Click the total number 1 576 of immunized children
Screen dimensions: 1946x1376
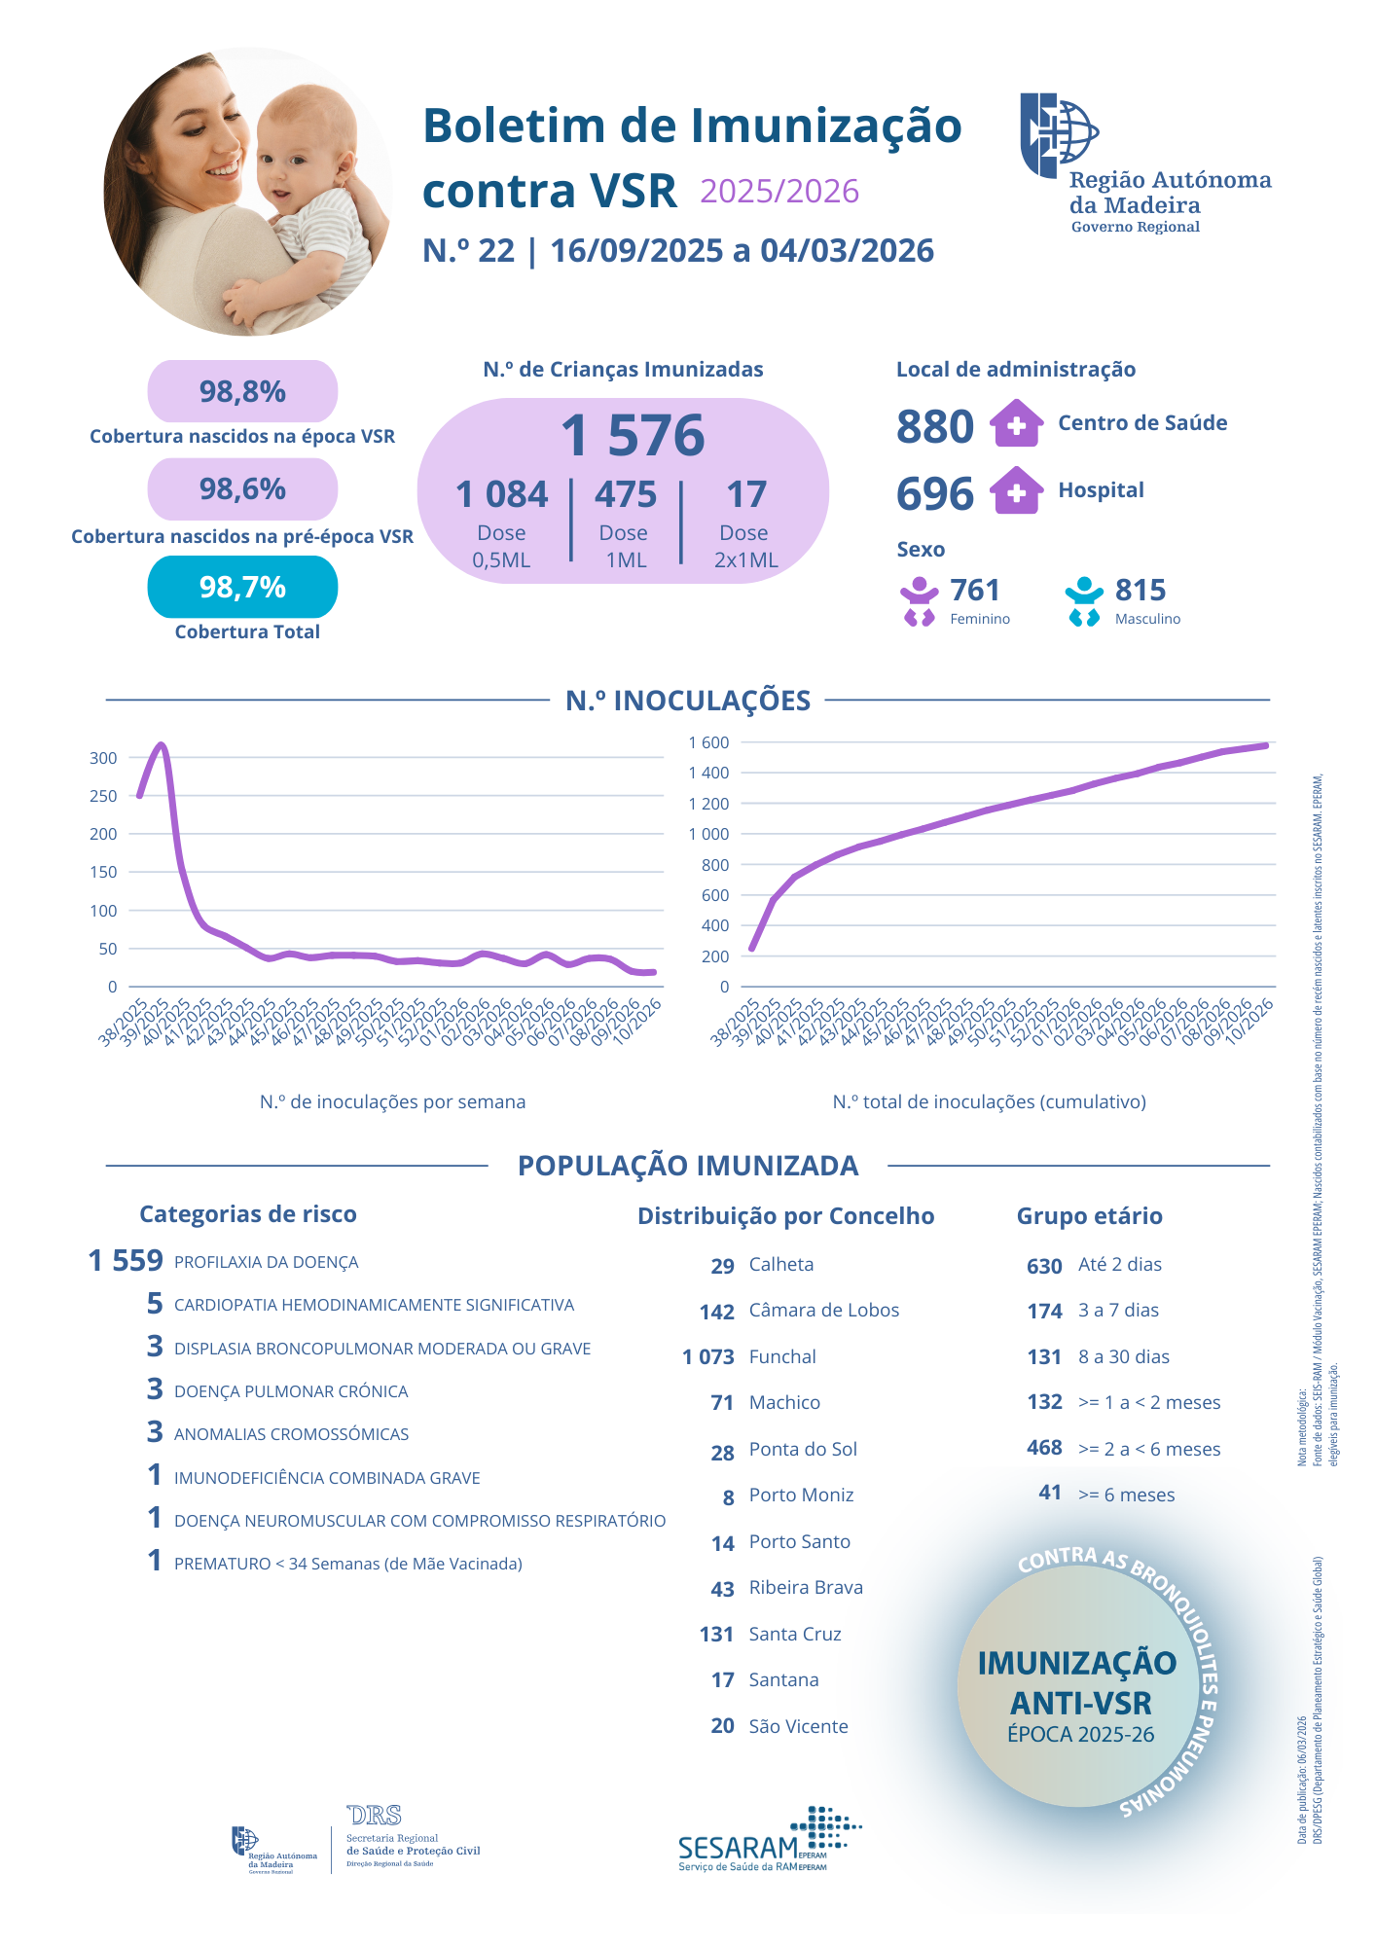(633, 435)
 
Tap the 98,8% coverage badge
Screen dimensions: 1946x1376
(242, 392)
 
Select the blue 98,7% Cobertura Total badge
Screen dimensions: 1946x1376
(242, 587)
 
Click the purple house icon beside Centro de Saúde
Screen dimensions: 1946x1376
(1016, 423)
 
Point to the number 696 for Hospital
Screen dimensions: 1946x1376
(934, 493)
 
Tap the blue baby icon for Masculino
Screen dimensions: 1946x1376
(1083, 601)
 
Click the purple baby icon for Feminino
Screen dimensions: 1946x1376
(919, 601)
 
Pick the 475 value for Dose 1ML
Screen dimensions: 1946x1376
(626, 494)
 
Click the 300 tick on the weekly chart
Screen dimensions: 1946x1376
(103, 758)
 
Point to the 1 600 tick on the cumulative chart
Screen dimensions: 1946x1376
(708, 742)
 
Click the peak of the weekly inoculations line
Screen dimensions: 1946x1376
(162, 745)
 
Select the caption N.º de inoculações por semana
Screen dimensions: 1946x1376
(392, 1101)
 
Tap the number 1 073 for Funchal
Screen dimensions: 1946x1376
(707, 1356)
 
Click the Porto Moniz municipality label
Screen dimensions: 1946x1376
(801, 1495)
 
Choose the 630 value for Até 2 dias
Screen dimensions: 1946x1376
(1044, 1266)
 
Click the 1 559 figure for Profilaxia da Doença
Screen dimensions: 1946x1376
(126, 1261)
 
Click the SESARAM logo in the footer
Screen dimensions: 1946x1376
(769, 1840)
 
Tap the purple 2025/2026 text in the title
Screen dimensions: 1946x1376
(779, 191)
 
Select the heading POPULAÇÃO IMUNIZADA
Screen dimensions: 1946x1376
(688, 1165)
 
